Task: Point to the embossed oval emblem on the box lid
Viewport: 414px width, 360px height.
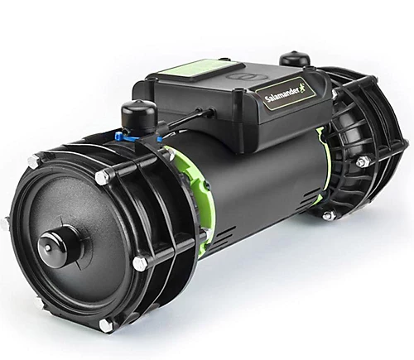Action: (242, 76)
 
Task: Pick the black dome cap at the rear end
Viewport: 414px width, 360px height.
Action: (291, 60)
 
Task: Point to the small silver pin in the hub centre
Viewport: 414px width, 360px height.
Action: (49, 248)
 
